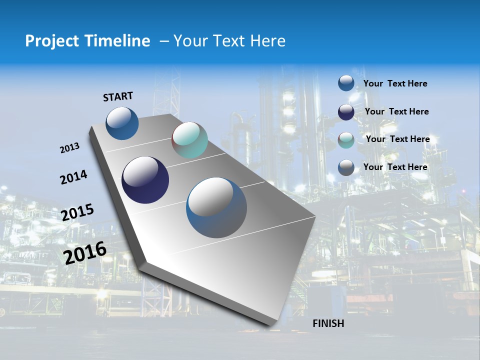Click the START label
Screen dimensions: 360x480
118,96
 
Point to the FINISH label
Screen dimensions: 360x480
328,323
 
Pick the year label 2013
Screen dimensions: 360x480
69,148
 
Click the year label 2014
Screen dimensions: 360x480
73,177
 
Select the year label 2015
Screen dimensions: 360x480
77,212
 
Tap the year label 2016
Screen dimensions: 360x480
85,252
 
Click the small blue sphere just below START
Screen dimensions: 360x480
122,123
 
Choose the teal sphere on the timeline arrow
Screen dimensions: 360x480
189,140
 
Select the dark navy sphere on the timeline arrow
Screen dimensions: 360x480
145,180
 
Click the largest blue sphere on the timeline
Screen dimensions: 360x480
216,207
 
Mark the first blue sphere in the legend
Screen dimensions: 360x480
346,83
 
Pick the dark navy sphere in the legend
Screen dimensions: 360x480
346,112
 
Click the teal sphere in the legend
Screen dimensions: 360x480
346,140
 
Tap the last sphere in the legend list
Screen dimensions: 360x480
346,167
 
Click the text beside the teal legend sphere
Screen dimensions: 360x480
397,139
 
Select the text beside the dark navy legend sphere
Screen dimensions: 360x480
396,111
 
